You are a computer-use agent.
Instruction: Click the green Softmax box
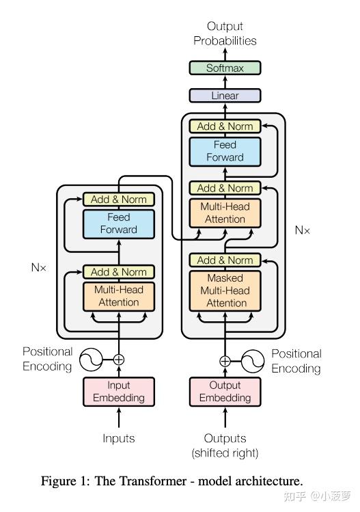(225, 68)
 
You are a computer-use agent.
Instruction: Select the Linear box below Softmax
(225, 96)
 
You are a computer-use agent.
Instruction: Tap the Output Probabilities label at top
(225, 34)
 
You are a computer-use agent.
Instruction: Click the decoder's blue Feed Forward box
(225, 151)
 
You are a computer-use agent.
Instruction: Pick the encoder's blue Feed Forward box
(119, 224)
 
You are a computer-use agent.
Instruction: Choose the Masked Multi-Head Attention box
(225, 291)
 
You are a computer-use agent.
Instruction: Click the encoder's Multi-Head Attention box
(119, 296)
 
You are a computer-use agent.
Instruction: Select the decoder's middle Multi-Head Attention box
(225, 213)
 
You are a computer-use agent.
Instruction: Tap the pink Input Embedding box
(119, 392)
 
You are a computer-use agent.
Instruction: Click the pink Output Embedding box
(225, 392)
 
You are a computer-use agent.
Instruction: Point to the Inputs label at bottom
(119, 438)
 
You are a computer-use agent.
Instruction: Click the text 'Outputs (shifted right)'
(225, 445)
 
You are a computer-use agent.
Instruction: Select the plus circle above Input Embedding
(119, 359)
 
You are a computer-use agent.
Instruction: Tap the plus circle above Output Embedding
(225, 361)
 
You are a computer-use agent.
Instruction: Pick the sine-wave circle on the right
(253, 361)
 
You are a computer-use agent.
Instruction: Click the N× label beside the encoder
(39, 268)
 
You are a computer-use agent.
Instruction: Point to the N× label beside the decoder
(303, 230)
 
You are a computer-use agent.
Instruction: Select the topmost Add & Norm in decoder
(225, 126)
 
